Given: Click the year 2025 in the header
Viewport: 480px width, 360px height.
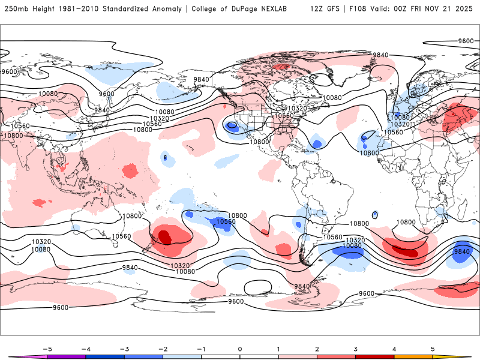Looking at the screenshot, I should pos(464,9).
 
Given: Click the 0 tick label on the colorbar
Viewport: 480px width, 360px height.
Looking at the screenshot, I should pos(239,349).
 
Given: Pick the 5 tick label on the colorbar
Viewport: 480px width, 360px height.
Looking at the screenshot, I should pos(432,349).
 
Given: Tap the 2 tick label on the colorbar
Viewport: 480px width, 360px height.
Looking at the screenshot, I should pos(317,349).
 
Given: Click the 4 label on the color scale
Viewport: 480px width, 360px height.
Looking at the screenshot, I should pos(394,349).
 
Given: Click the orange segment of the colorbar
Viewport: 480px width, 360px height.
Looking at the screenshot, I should pos(413,356).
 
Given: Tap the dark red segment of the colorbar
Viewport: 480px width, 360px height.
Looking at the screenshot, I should pos(374,356).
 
